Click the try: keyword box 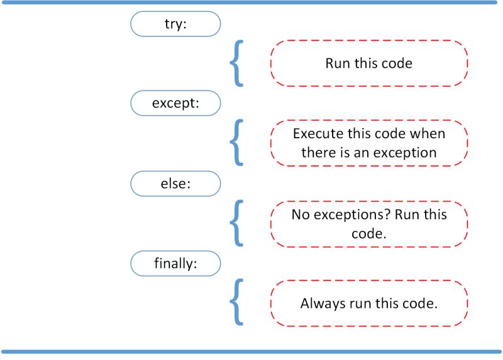[x=175, y=24]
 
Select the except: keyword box [x=175, y=103]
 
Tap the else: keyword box [x=175, y=183]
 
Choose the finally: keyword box [x=175, y=263]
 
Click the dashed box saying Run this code [x=369, y=63]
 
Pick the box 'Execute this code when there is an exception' [x=369, y=143]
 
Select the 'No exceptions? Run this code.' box [x=369, y=224]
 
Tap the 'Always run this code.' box [x=369, y=303]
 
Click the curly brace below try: [x=236, y=63]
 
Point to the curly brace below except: [x=236, y=143]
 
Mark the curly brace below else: [x=236, y=224]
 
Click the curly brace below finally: [x=236, y=303]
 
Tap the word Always [x=322, y=303]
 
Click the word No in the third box [x=300, y=214]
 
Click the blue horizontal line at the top [x=251, y=3]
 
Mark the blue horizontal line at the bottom [x=251, y=351]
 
